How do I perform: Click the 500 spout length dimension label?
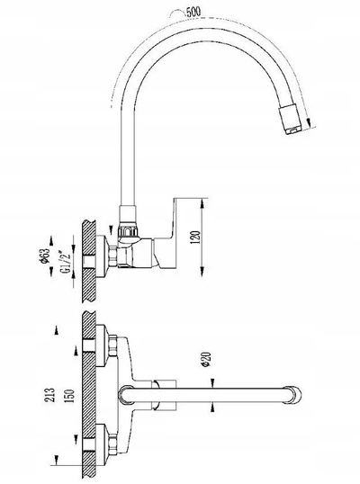[193, 12]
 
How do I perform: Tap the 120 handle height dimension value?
[196, 238]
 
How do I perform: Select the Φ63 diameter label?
[45, 255]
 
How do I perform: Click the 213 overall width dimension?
[50, 395]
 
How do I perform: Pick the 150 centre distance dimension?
[71, 396]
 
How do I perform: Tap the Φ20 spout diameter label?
[207, 359]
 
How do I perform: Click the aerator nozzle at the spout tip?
[291, 120]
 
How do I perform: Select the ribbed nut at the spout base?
[128, 230]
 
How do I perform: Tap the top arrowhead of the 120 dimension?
[202, 203]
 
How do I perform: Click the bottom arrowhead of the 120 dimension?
[202, 272]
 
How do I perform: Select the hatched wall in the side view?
[89, 261]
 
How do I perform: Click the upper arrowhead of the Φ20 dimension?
[212, 382]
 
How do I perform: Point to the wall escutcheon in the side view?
[103, 255]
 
